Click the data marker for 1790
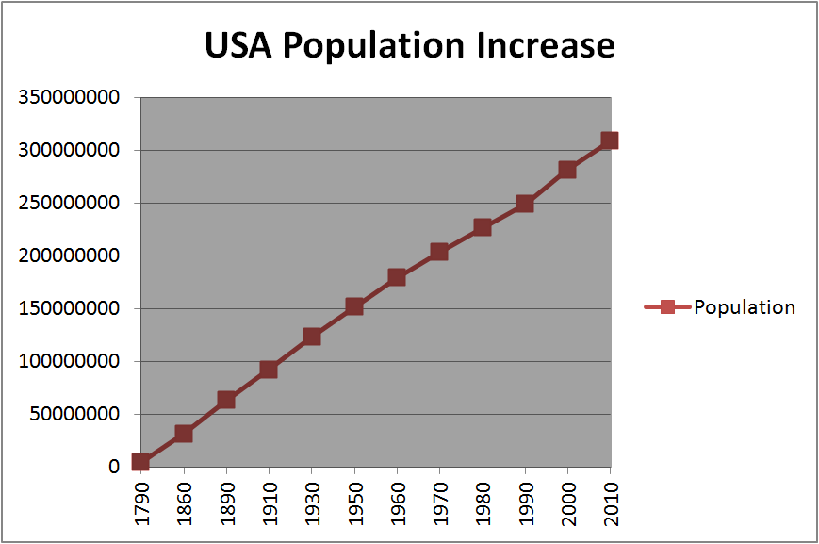point(140,461)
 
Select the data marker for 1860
point(184,434)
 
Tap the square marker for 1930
point(312,337)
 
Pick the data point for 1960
point(397,277)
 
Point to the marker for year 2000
point(567,170)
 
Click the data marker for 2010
point(610,140)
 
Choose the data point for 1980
point(483,227)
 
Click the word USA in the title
point(238,45)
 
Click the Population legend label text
point(745,307)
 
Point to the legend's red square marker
point(667,306)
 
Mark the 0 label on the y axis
point(114,467)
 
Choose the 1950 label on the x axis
point(354,503)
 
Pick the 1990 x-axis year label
point(525,503)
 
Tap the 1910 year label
point(270,503)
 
